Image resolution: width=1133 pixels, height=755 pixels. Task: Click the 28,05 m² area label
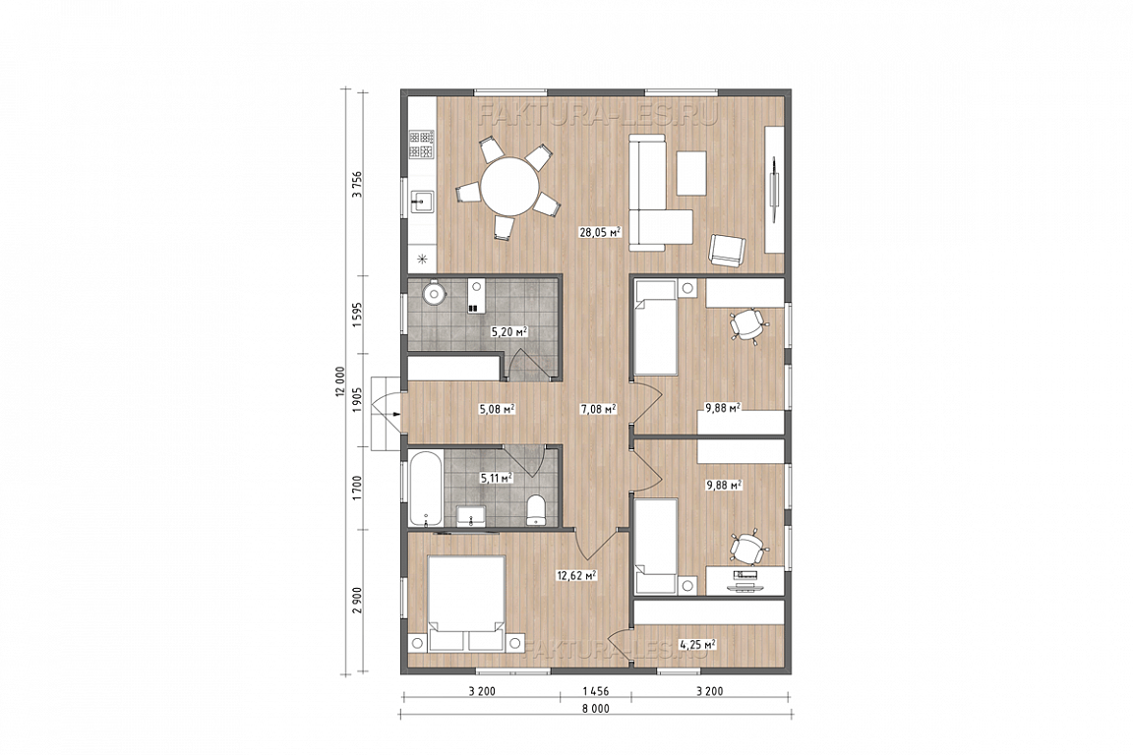tap(600, 232)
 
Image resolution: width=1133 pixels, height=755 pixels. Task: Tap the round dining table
tap(510, 186)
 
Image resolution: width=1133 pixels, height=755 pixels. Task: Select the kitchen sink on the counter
tap(421, 202)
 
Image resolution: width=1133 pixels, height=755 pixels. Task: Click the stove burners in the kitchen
tap(421, 145)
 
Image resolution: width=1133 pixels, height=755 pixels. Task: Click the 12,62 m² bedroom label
tap(576, 576)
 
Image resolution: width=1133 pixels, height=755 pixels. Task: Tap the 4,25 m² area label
tap(696, 643)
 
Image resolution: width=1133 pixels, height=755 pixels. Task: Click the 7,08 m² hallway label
tap(598, 410)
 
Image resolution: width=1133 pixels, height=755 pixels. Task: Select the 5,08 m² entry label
tap(497, 410)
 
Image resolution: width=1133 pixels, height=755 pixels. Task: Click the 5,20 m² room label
tap(508, 332)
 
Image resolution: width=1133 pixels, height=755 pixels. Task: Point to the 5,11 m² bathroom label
tap(497, 477)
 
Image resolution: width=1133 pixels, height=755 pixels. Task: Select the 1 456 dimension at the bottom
tap(595, 691)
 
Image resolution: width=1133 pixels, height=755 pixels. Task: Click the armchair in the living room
tap(728, 250)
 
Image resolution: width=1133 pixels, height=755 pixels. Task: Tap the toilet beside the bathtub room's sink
tap(536, 510)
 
